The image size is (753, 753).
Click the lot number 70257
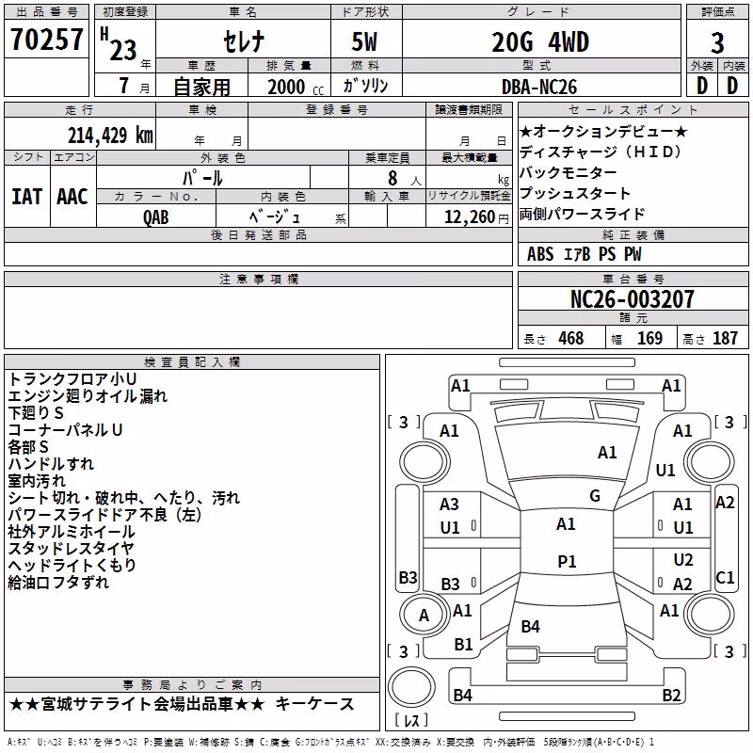46,39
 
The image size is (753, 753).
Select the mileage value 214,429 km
110,136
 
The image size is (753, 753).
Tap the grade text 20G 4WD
540,41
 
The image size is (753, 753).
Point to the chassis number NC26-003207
633,299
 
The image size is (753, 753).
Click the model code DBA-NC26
539,87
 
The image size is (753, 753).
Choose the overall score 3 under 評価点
717,43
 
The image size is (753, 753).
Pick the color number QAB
156,217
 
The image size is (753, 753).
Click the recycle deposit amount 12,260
470,217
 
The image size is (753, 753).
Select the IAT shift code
27,197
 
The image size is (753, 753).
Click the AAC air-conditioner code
72,197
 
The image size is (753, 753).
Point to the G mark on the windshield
595,496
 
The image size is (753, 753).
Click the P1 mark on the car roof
567,561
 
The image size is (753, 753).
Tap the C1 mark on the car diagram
725,577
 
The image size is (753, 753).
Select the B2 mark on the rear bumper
671,695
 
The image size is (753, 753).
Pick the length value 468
571,339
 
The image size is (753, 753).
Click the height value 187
725,339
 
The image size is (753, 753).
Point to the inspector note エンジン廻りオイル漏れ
88,396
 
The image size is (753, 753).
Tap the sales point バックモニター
569,172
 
